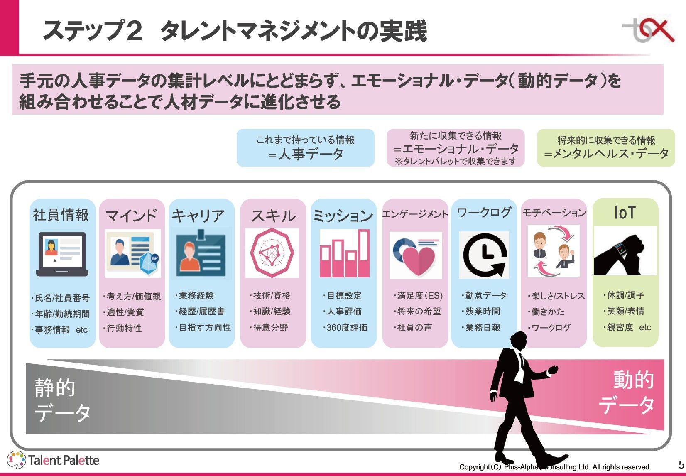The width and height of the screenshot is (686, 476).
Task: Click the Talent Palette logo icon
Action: pos(17,460)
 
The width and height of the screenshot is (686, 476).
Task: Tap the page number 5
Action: pos(681,464)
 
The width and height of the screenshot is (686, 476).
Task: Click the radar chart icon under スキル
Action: pos(272,253)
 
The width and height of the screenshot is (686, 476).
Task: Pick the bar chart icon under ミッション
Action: pos(344,253)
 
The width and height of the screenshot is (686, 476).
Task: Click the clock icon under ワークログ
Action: pos(484,255)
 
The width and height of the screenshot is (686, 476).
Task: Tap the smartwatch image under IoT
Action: pos(625,251)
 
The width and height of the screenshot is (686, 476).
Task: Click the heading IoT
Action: pos(625,213)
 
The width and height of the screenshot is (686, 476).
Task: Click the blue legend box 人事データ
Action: pos(306,148)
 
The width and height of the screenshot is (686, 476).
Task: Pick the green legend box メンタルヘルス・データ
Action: pos(606,148)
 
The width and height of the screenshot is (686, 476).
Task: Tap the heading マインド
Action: pos(131,216)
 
